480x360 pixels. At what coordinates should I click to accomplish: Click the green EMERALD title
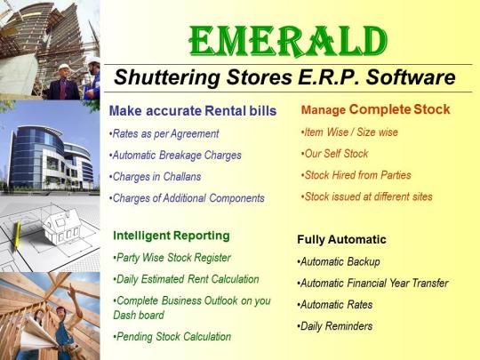click(288, 42)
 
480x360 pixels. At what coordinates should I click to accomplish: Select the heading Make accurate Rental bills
click(193, 111)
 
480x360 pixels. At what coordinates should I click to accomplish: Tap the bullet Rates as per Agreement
click(164, 134)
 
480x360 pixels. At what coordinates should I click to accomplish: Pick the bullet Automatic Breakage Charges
click(175, 156)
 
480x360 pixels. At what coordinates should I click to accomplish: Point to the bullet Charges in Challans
click(156, 177)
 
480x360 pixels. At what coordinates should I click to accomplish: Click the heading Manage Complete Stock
click(376, 109)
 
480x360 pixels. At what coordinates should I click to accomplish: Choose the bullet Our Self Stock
click(334, 154)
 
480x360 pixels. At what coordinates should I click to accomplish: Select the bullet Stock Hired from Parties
click(356, 175)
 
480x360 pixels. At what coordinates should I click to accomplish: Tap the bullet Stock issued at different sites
click(367, 196)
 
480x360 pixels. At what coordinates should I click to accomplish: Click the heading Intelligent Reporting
click(172, 236)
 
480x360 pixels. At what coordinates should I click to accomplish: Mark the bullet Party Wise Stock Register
click(172, 258)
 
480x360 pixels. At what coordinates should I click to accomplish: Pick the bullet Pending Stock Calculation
click(172, 337)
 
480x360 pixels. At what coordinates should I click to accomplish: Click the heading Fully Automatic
click(341, 240)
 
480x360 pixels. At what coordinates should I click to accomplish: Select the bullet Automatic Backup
click(339, 262)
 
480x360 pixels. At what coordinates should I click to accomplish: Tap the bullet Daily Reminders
click(335, 326)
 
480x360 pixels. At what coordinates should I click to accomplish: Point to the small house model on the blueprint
click(62, 226)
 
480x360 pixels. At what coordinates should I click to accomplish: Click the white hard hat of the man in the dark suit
click(65, 67)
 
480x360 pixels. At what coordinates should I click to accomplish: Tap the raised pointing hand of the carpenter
click(72, 292)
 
